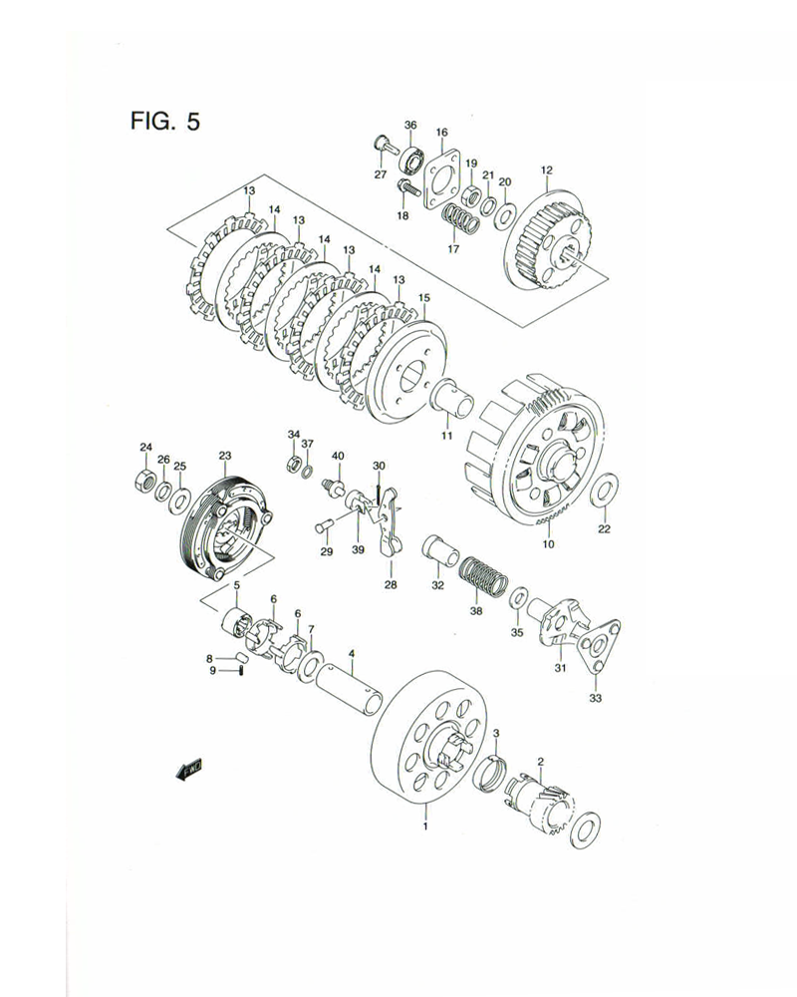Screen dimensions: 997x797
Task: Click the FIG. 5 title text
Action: coord(164,122)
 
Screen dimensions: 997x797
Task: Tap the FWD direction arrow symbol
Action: coord(188,768)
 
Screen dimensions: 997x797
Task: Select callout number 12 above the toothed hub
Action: coord(546,170)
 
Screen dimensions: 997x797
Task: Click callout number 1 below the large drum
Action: coord(425,827)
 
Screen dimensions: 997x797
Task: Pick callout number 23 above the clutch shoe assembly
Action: coord(225,456)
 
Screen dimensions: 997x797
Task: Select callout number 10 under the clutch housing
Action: coord(547,545)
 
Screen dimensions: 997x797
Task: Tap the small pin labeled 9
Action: coord(242,670)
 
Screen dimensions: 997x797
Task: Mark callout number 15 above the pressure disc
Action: coord(423,297)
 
